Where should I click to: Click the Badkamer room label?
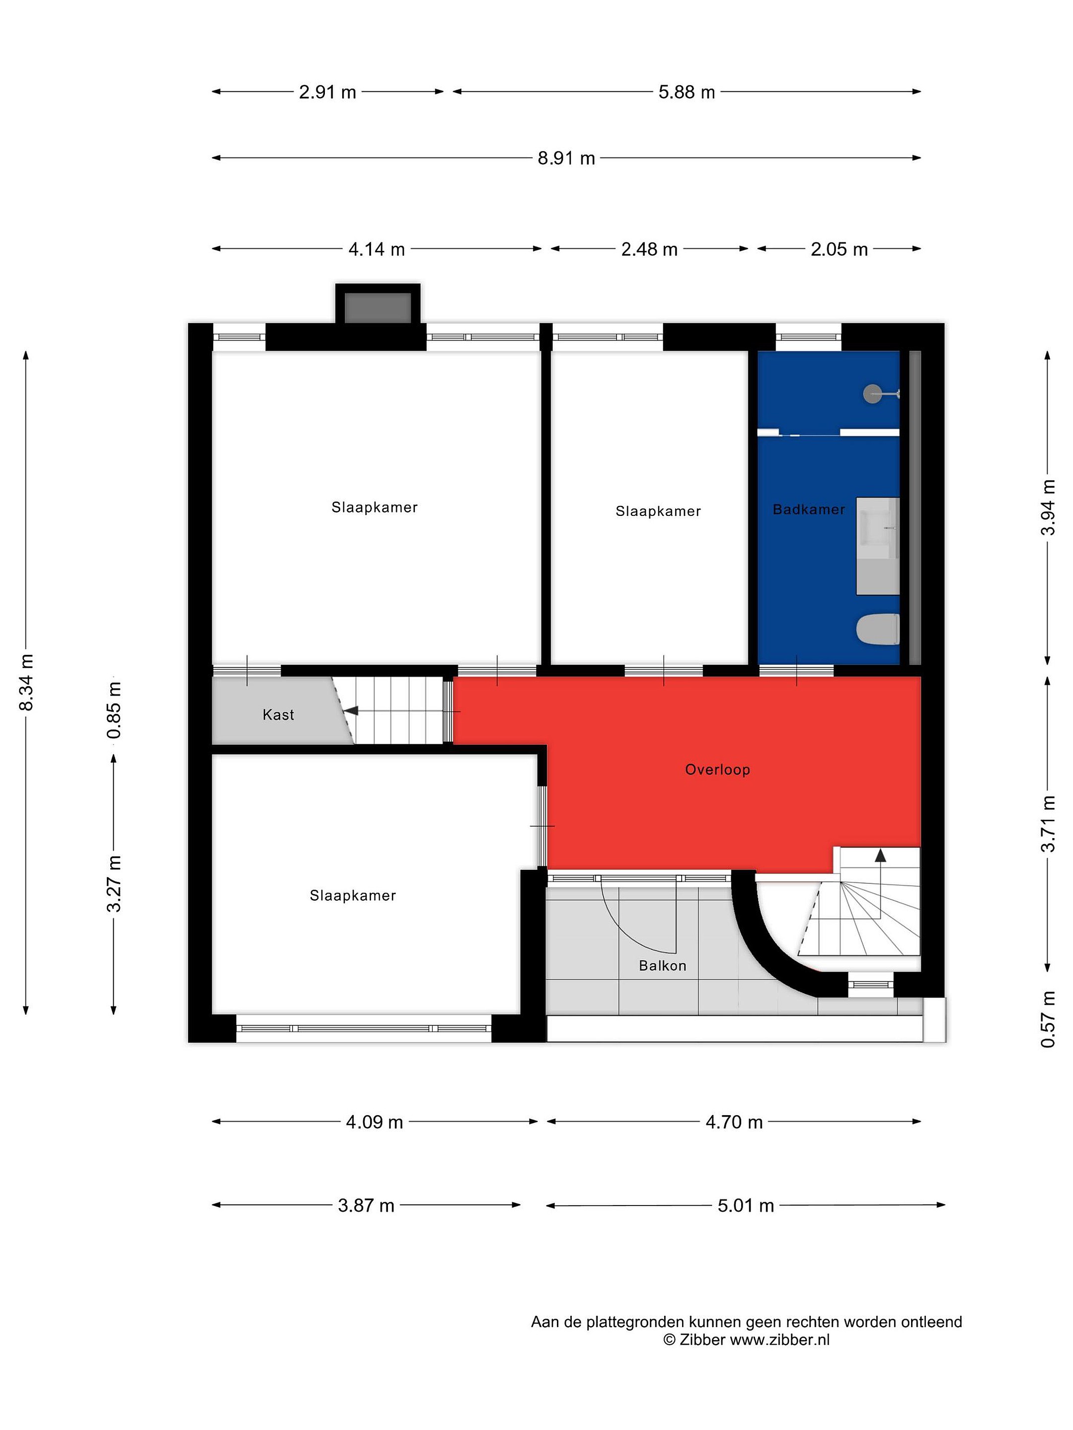click(x=808, y=509)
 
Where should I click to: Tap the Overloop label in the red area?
click(x=717, y=769)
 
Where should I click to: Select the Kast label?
click(x=278, y=715)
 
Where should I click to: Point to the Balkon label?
click(x=662, y=965)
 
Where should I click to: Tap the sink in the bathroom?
click(x=878, y=546)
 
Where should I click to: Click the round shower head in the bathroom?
click(x=872, y=393)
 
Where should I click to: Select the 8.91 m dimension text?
click(x=566, y=158)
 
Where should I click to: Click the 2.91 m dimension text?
click(x=327, y=92)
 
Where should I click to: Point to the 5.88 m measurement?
click(x=686, y=92)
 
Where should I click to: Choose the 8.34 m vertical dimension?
click(x=26, y=682)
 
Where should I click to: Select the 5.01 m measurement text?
click(x=746, y=1206)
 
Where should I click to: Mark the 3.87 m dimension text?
click(x=366, y=1206)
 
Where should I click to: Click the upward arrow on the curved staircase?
click(x=880, y=856)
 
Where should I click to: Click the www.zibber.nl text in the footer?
click(x=779, y=1340)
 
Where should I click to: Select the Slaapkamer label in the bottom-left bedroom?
click(x=353, y=895)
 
